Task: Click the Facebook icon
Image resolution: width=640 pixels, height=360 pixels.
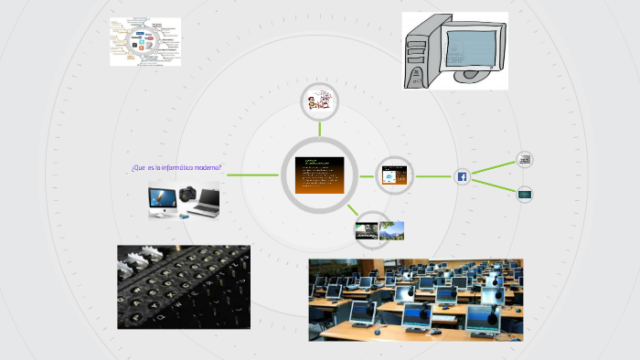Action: click(x=462, y=176)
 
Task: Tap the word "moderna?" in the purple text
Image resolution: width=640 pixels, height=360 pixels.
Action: click(x=207, y=168)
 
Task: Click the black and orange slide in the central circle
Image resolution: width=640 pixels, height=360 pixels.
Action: click(x=320, y=175)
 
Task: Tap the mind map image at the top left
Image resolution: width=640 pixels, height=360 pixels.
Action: click(x=145, y=41)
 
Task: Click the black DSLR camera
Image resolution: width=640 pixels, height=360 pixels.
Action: click(x=189, y=196)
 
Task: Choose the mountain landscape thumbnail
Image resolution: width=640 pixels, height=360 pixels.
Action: click(x=391, y=230)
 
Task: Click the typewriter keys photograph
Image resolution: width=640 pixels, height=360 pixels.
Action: click(x=183, y=286)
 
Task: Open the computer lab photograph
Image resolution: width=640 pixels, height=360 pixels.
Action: click(x=415, y=300)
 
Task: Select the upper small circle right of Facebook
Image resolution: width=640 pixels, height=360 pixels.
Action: click(x=525, y=160)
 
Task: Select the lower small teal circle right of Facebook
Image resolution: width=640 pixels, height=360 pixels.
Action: click(x=525, y=194)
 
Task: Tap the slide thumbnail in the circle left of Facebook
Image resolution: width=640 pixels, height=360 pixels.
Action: click(x=394, y=175)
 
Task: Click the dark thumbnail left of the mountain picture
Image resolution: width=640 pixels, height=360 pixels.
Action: click(x=367, y=232)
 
